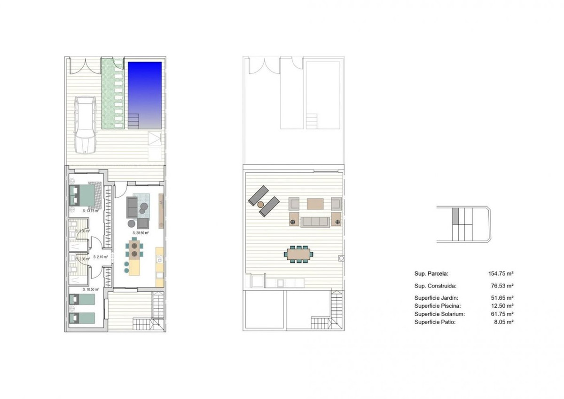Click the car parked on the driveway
(86, 124)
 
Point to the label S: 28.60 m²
(141, 233)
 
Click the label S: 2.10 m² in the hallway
(101, 257)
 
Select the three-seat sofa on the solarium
(315, 222)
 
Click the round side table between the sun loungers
(261, 204)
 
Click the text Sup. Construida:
(435, 286)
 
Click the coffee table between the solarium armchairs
(315, 204)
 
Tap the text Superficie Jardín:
(436, 298)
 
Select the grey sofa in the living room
(132, 207)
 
